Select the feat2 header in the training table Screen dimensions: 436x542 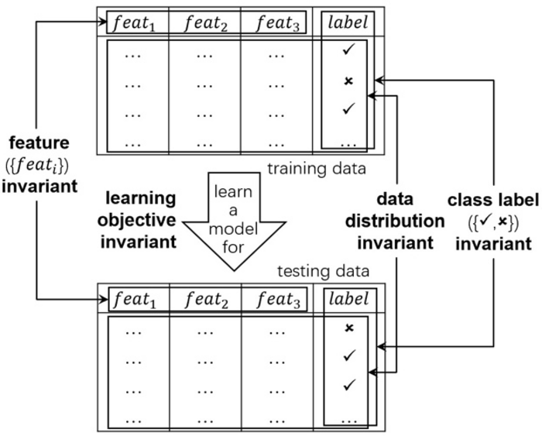click(x=204, y=22)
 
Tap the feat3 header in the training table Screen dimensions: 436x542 click(x=275, y=22)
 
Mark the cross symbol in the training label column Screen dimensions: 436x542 click(x=348, y=81)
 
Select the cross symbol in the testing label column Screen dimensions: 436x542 click(x=348, y=328)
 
